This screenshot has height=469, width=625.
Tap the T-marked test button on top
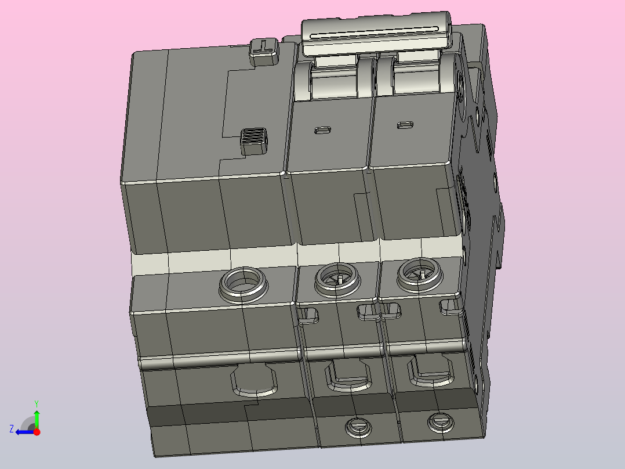coord(264,49)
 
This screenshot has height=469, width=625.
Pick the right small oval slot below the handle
coord(405,125)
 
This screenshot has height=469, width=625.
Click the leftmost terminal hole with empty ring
coord(243,284)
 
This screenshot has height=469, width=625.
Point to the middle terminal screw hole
coord(337,279)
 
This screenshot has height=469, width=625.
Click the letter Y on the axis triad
coord(37,402)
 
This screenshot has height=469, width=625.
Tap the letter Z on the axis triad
coord(12,429)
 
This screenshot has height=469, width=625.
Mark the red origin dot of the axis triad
coord(37,431)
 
